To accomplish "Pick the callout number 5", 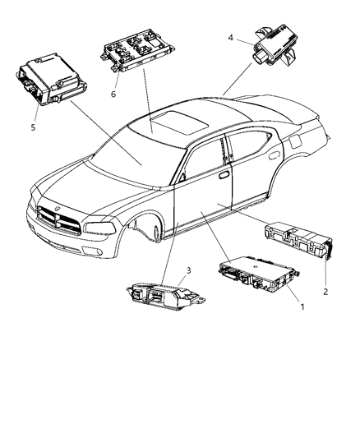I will click(33, 128).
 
